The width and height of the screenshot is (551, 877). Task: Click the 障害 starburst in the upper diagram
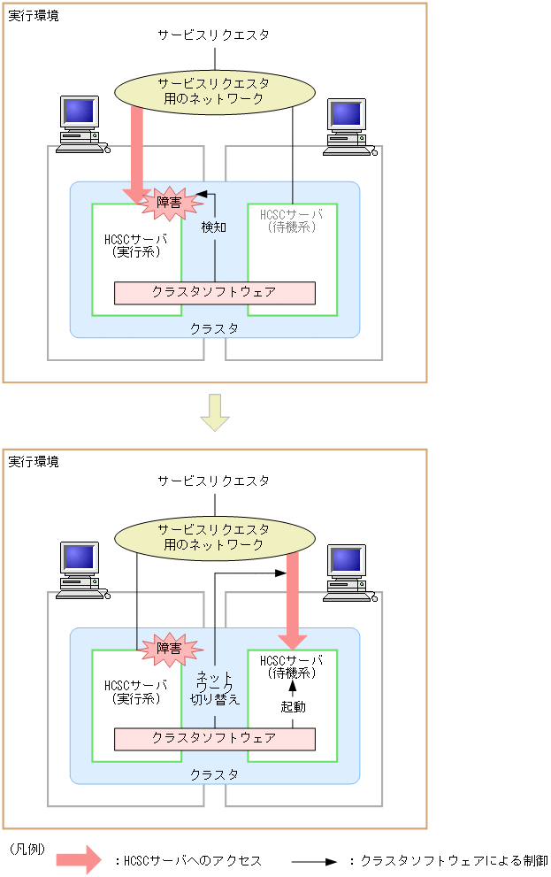pos(169,203)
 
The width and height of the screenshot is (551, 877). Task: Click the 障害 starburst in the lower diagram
pos(169,649)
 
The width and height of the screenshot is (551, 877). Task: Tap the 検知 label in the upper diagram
pos(214,227)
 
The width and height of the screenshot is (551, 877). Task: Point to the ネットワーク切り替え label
pos(215,687)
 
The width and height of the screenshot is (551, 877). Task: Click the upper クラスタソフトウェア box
pos(215,292)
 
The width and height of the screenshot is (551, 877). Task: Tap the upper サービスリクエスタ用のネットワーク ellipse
pos(215,91)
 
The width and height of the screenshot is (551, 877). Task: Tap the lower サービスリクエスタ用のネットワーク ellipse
pos(215,537)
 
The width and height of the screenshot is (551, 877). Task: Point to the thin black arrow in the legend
pos(314,861)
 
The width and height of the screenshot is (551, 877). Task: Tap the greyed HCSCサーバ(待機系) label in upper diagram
pos(292,220)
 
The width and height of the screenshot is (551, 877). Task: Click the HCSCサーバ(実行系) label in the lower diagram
pos(135,691)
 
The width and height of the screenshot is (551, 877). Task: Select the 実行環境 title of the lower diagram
pos(34,462)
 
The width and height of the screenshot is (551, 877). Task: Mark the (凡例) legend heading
pos(27,848)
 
